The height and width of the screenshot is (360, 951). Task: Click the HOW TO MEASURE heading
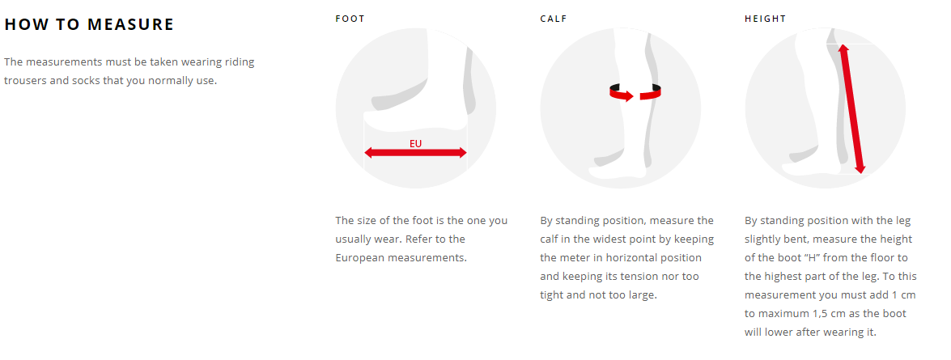pyautogui.click(x=89, y=25)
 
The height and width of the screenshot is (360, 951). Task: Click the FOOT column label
pyautogui.click(x=350, y=19)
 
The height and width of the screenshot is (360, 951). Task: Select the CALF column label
pyautogui.click(x=554, y=19)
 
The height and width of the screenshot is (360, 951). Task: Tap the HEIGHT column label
pyautogui.click(x=766, y=19)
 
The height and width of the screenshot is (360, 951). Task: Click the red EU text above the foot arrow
pyautogui.click(x=415, y=144)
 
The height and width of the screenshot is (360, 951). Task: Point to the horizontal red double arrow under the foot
pyautogui.click(x=415, y=153)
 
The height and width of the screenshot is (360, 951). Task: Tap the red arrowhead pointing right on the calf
pyautogui.click(x=628, y=95)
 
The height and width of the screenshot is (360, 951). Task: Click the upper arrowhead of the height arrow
pyautogui.click(x=843, y=49)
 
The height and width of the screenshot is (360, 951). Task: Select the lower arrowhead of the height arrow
pyautogui.click(x=860, y=168)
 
